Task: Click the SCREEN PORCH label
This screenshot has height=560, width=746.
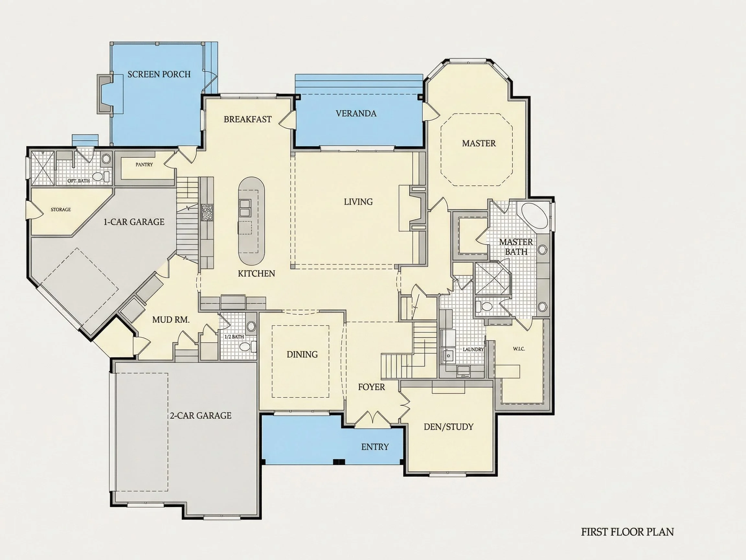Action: pos(159,74)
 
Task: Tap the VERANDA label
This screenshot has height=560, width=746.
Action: pos(356,113)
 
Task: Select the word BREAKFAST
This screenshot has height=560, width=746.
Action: pos(248,119)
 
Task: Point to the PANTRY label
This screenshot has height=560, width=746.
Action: pos(144,165)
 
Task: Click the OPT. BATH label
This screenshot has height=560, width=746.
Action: pos(79,181)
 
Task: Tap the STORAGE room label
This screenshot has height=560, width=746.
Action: pos(61,210)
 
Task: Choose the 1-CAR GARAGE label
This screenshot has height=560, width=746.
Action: pos(134,222)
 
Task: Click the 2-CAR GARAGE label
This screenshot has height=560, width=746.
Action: pos(201,415)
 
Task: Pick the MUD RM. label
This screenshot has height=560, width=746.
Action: pos(171,320)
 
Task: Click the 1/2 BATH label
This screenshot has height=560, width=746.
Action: pos(234,337)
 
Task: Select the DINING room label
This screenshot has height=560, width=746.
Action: pos(302,355)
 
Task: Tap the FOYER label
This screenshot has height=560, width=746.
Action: pos(371,387)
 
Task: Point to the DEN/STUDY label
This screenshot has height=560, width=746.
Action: pos(448,427)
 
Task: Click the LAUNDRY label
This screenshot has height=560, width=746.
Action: pos(473,349)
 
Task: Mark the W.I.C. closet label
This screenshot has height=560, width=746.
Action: pos(519,349)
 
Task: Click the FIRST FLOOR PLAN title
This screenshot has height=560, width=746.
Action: pos(627,532)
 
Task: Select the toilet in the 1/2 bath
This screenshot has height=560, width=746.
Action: pos(246,347)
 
